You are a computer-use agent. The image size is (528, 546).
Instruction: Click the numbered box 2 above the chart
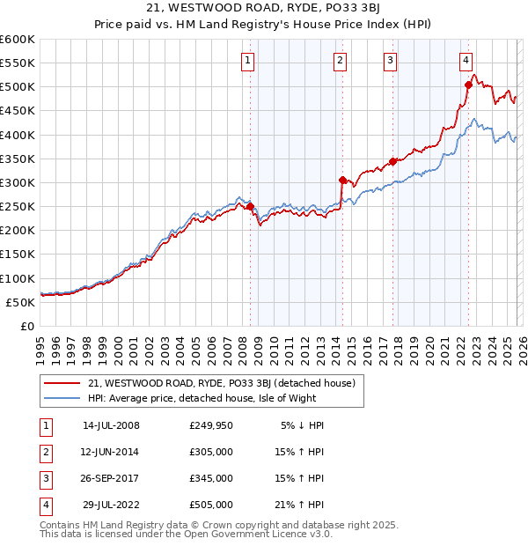[340, 61]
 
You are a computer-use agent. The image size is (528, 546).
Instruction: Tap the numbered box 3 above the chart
[390, 61]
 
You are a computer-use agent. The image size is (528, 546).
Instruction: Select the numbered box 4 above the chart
[466, 61]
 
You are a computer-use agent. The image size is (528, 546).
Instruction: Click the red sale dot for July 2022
[468, 85]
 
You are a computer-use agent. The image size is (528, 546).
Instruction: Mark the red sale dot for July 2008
[250, 207]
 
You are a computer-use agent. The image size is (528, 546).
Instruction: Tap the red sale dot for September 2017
[392, 161]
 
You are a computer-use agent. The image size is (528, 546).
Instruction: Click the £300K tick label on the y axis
[18, 183]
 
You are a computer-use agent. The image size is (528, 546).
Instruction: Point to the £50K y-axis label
[20, 302]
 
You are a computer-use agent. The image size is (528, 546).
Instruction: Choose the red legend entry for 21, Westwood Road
[221, 383]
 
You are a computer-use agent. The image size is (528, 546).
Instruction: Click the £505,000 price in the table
[211, 505]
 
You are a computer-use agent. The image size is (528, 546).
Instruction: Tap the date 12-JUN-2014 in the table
[110, 452]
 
